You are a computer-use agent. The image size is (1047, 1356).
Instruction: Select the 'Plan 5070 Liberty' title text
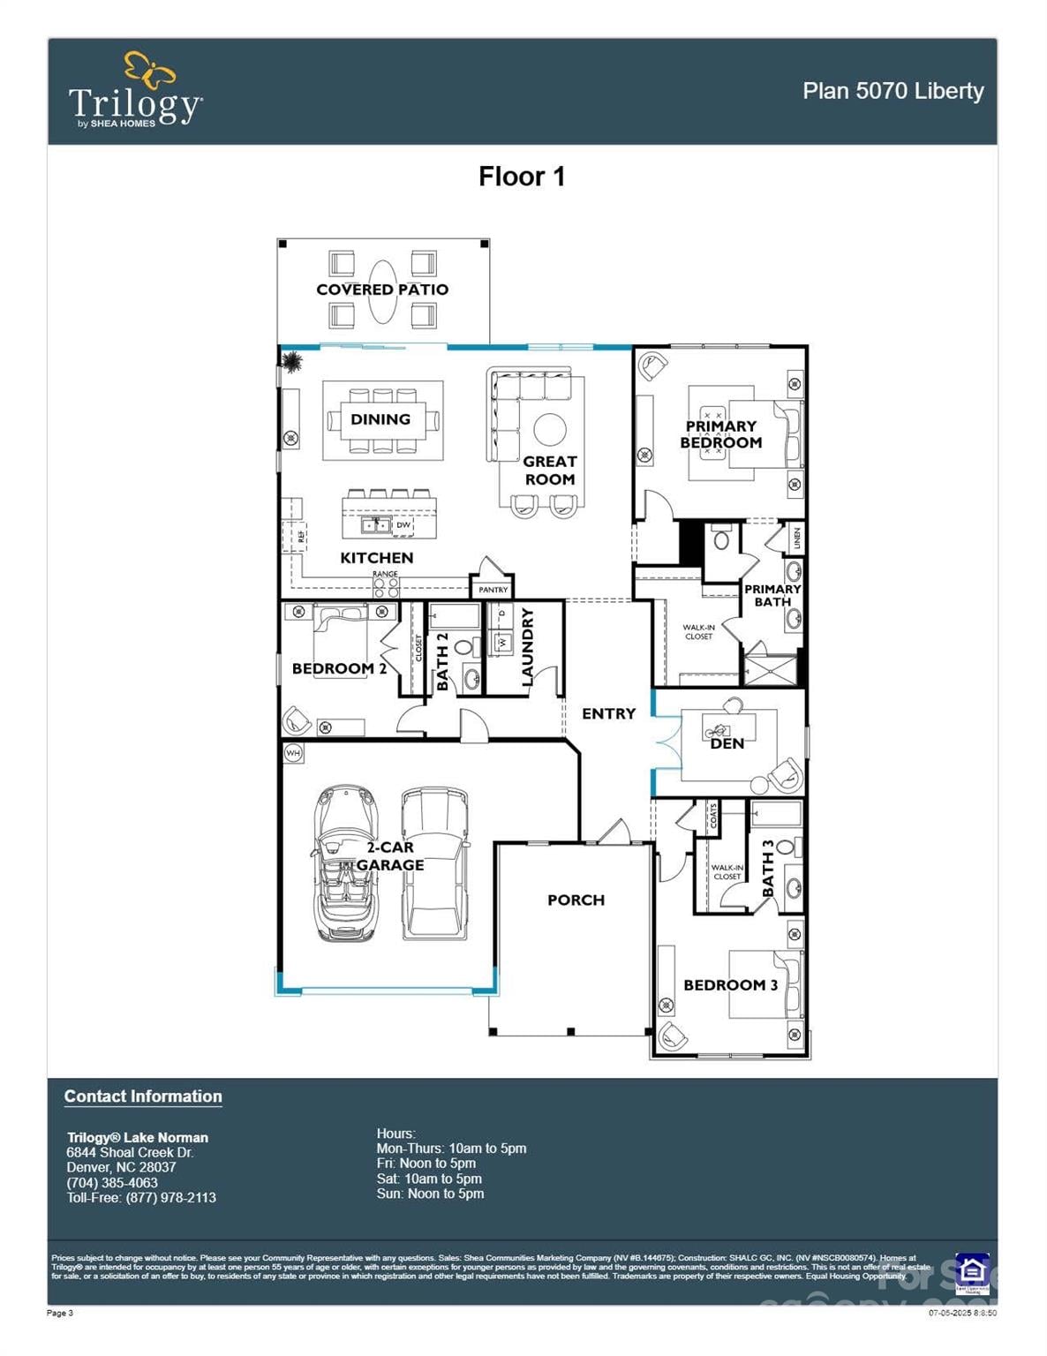point(893,91)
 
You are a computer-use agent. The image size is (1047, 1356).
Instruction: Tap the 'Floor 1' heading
point(521,177)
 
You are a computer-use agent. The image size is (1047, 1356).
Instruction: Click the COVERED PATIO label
point(382,290)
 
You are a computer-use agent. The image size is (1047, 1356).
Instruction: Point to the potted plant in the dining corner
point(291,360)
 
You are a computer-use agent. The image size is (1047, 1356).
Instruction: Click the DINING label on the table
point(380,419)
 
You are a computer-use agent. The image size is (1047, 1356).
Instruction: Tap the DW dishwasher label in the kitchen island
point(403,525)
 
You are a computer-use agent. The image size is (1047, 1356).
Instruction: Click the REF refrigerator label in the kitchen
point(301,536)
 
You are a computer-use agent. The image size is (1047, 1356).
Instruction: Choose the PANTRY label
point(493,590)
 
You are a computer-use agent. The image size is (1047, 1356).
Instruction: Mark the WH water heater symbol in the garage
point(293,753)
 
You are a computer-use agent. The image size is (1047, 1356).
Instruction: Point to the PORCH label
point(576,900)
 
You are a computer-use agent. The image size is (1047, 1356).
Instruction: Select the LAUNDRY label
point(528,647)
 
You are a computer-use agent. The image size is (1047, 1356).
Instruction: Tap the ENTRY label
point(608,713)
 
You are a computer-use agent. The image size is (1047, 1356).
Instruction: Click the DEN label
point(727,743)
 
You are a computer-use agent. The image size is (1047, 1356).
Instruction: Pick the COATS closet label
point(713,817)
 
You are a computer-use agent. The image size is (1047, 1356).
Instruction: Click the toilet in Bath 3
point(785,848)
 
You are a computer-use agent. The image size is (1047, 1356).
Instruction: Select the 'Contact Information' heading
point(143,1096)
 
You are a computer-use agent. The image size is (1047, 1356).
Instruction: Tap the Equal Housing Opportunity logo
point(972,1271)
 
